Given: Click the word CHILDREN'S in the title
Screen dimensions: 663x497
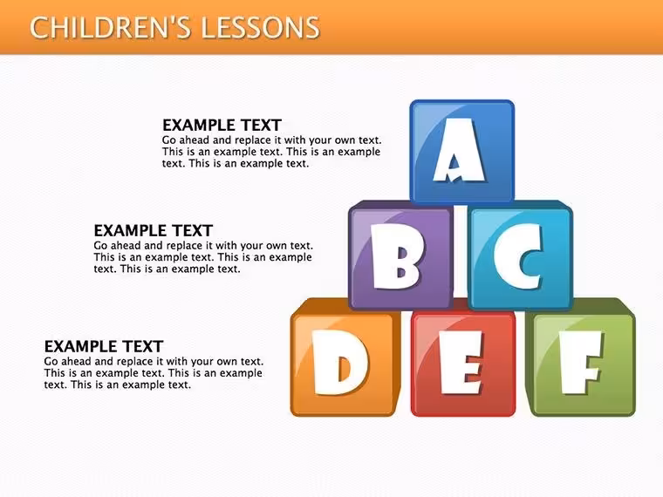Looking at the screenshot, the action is click(110, 28).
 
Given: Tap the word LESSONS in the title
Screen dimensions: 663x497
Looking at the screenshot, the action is click(260, 28).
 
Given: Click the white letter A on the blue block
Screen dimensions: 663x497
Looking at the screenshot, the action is click(459, 150).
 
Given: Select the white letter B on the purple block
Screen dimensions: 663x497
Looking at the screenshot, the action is click(397, 256).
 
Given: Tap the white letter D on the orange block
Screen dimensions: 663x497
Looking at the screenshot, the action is click(340, 363).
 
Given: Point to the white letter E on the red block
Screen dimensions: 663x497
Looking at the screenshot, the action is click(461, 363).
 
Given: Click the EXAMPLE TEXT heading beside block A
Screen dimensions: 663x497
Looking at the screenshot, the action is click(222, 126).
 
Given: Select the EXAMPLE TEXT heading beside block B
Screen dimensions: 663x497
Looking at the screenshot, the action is click(153, 231).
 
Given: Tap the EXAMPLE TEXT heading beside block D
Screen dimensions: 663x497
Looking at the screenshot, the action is click(104, 346).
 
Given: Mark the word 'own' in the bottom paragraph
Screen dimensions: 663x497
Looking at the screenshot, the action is click(229, 362).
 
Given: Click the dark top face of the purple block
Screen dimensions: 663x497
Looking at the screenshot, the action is click(400, 205).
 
